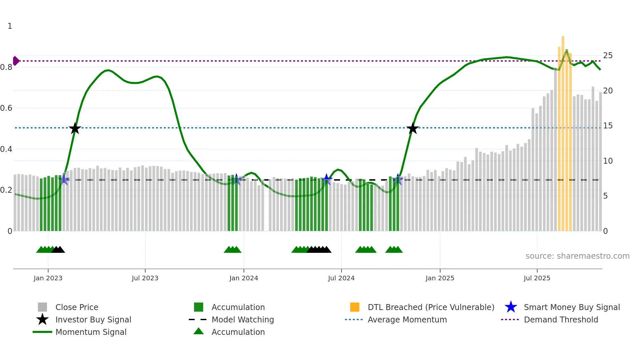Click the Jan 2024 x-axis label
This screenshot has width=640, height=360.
[x=244, y=278]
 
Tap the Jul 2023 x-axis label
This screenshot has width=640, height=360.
[x=145, y=278]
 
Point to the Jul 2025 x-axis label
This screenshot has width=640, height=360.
[x=537, y=278]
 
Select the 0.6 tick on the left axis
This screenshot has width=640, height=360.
[x=6, y=108]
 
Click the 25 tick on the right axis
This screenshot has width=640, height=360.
[x=608, y=56]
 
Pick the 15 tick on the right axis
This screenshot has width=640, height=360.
[x=608, y=126]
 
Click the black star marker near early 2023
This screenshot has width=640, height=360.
[x=75, y=128]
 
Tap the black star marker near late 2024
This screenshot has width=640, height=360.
[x=413, y=128]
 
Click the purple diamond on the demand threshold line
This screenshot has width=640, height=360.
[x=16, y=61]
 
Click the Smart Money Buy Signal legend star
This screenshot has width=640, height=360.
[x=511, y=307]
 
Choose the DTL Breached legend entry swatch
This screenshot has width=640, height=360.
[x=355, y=307]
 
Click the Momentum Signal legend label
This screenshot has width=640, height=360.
[x=91, y=332]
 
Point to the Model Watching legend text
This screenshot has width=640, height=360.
[x=243, y=319]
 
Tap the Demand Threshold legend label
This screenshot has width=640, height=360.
[x=561, y=319]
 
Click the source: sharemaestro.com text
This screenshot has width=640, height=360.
[x=577, y=256]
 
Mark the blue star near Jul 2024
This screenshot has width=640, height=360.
[x=326, y=179]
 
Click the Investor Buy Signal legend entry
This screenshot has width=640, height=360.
[x=93, y=319]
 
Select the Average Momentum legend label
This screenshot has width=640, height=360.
[x=407, y=319]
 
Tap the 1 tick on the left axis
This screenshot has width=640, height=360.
[x=10, y=26]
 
